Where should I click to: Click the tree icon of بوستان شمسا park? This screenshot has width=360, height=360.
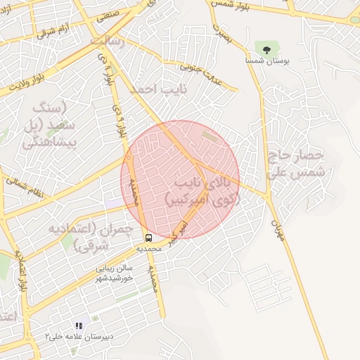pos(266,49)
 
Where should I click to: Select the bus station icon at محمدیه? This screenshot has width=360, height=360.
pos(149,238)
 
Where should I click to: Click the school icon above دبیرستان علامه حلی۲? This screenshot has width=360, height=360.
pos(78,326)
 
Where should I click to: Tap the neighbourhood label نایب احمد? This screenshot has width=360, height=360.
pos(151,89)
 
